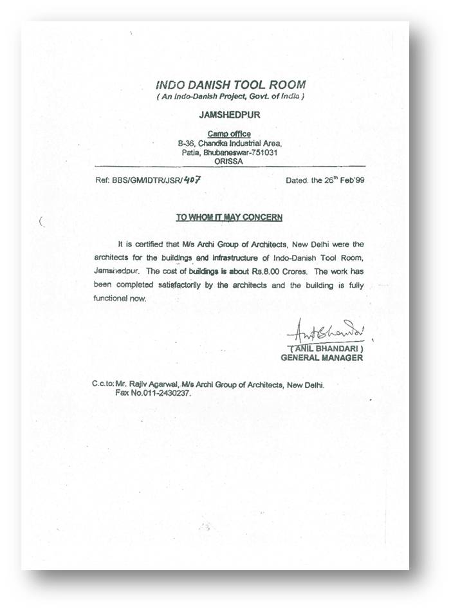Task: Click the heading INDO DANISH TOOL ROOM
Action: coord(230,84)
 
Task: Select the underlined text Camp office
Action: coord(230,134)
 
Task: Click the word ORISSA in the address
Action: coord(230,163)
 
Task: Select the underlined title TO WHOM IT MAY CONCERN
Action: coord(230,218)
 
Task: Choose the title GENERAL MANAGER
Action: coord(322,358)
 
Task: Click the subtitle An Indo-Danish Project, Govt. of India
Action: coord(230,97)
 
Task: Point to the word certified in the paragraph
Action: coord(152,245)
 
